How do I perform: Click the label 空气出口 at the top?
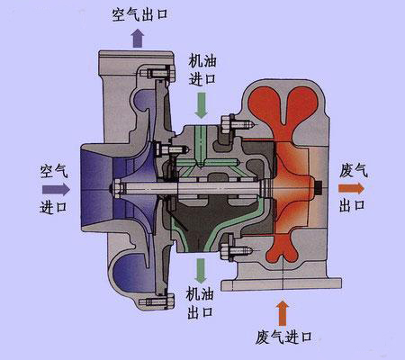[x=139, y=14]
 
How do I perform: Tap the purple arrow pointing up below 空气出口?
[x=138, y=38]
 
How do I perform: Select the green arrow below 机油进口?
[x=201, y=105]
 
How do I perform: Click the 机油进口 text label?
[x=202, y=70]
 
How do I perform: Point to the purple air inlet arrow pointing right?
[x=56, y=189]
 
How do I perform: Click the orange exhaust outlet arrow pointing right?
[x=351, y=188]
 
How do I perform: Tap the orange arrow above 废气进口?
[x=282, y=313]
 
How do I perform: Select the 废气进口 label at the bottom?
[x=283, y=337]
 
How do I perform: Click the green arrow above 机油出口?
[x=201, y=271]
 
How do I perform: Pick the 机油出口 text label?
[x=200, y=303]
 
